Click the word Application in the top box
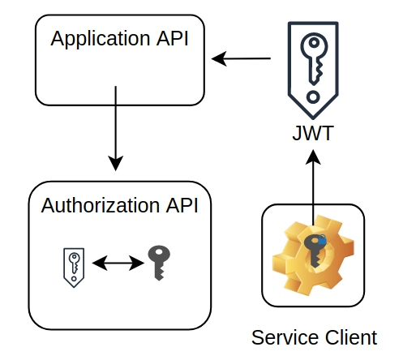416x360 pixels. (101, 39)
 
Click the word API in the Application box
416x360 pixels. (172, 38)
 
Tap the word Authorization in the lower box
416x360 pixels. (100, 205)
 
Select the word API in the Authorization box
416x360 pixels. (182, 205)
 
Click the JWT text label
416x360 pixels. (313, 133)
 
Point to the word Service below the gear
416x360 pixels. (285, 337)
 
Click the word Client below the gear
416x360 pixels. (351, 337)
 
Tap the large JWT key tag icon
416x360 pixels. (313, 71)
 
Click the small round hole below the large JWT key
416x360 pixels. (313, 96)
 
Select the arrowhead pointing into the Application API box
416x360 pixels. (219, 58)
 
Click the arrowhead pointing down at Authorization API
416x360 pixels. (116, 163)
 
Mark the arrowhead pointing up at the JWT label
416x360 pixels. (313, 157)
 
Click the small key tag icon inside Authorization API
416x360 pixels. (74, 268)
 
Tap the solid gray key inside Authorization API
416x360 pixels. (159, 263)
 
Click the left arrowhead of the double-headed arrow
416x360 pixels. (100, 263)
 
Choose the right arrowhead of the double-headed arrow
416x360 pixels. (137, 263)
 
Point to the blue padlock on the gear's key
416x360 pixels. (322, 239)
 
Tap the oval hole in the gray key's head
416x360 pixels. (159, 252)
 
